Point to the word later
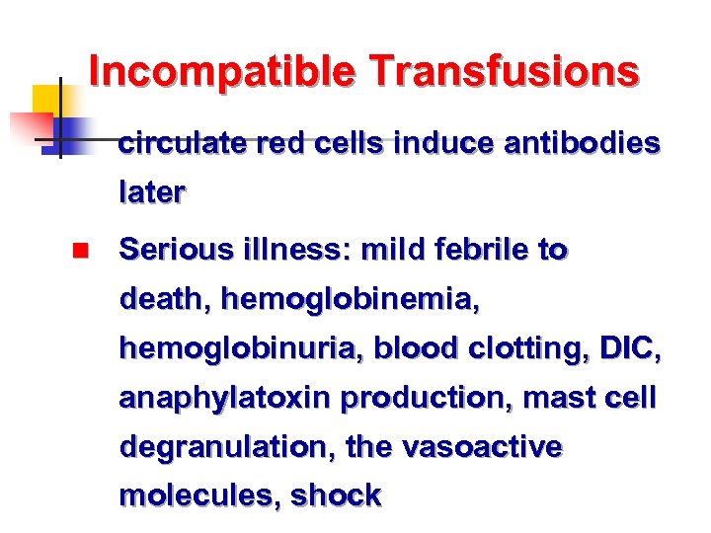(x=151, y=193)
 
